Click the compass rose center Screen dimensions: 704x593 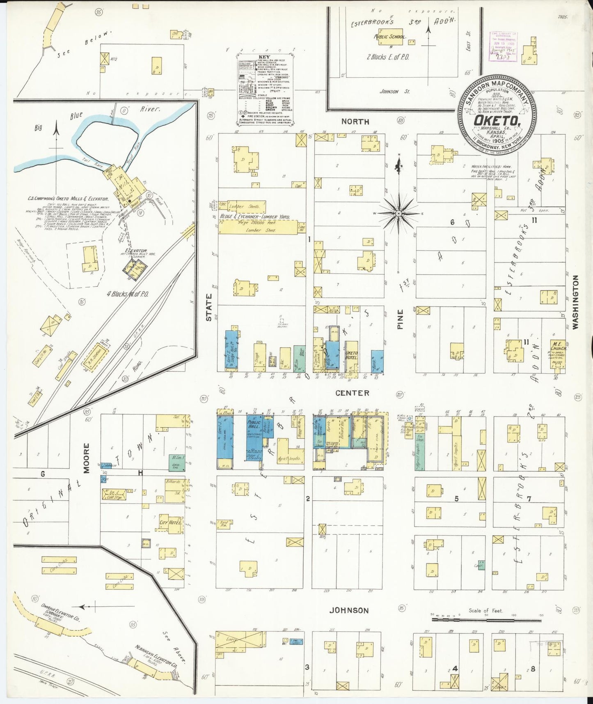pos(398,214)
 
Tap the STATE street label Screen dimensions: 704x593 pos(209,307)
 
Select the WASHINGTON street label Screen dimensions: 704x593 pos(575,302)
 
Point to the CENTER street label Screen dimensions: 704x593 pos(352,393)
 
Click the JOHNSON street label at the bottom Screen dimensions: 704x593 pos(349,610)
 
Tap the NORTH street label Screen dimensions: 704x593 pos(355,122)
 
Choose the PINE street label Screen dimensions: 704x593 pos(400,319)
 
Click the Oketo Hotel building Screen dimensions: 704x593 pos(352,356)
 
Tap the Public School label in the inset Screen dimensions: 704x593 pos(389,37)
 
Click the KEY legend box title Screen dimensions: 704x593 pos(265,57)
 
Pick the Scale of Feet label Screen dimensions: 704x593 pos(485,611)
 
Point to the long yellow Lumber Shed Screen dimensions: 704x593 pos(258,227)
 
